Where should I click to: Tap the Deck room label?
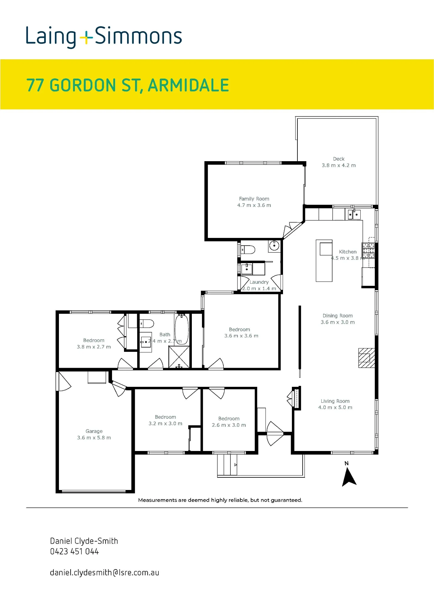[339, 159]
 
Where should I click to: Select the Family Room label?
[254, 199]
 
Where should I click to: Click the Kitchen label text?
[347, 252]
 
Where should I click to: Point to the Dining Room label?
[338, 316]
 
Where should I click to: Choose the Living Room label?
[335, 401]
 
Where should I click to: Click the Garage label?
[94, 431]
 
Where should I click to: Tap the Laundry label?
[259, 282]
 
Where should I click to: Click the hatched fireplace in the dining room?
[366, 358]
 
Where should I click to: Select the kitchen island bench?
[324, 261]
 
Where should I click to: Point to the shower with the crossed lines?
[179, 357]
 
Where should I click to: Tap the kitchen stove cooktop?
[368, 250]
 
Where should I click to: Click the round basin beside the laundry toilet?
[274, 245]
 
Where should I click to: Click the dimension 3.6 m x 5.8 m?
[94, 437]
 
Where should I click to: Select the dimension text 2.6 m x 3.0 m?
[229, 425]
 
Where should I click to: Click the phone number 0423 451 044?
[75, 551]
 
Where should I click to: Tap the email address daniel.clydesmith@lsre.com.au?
[105, 572]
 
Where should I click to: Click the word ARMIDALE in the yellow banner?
[188, 85]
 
